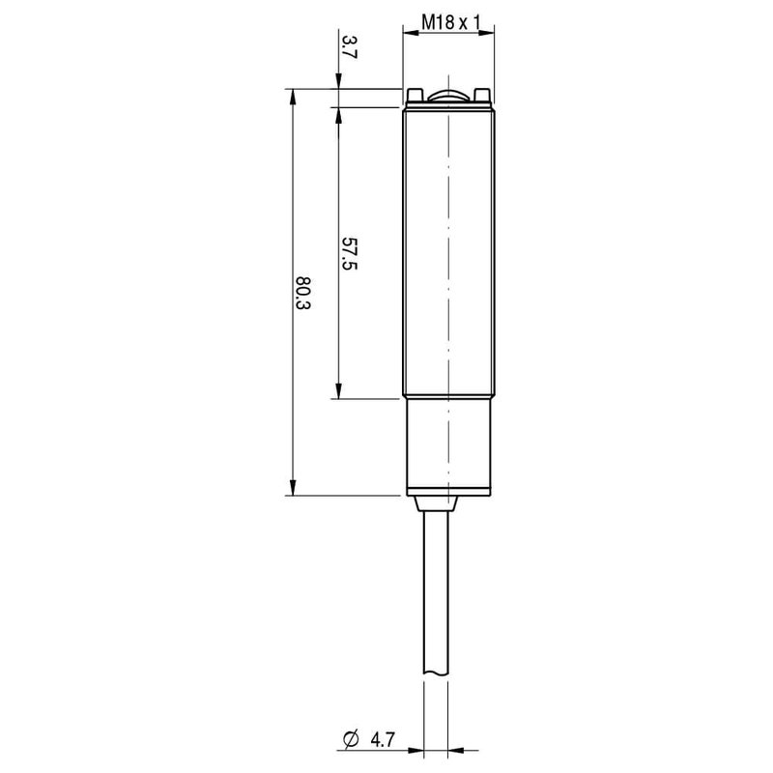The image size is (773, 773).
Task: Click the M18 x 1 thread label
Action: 450,22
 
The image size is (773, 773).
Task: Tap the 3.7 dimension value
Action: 348,46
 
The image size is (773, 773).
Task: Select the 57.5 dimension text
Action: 349,253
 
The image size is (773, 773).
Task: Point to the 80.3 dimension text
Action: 302,293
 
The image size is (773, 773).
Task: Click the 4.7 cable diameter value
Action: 383,739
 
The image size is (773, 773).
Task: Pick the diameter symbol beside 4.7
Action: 351,739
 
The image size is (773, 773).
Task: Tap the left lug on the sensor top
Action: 415,95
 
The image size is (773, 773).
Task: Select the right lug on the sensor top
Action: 481,95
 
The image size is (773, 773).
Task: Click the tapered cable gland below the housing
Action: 436,503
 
